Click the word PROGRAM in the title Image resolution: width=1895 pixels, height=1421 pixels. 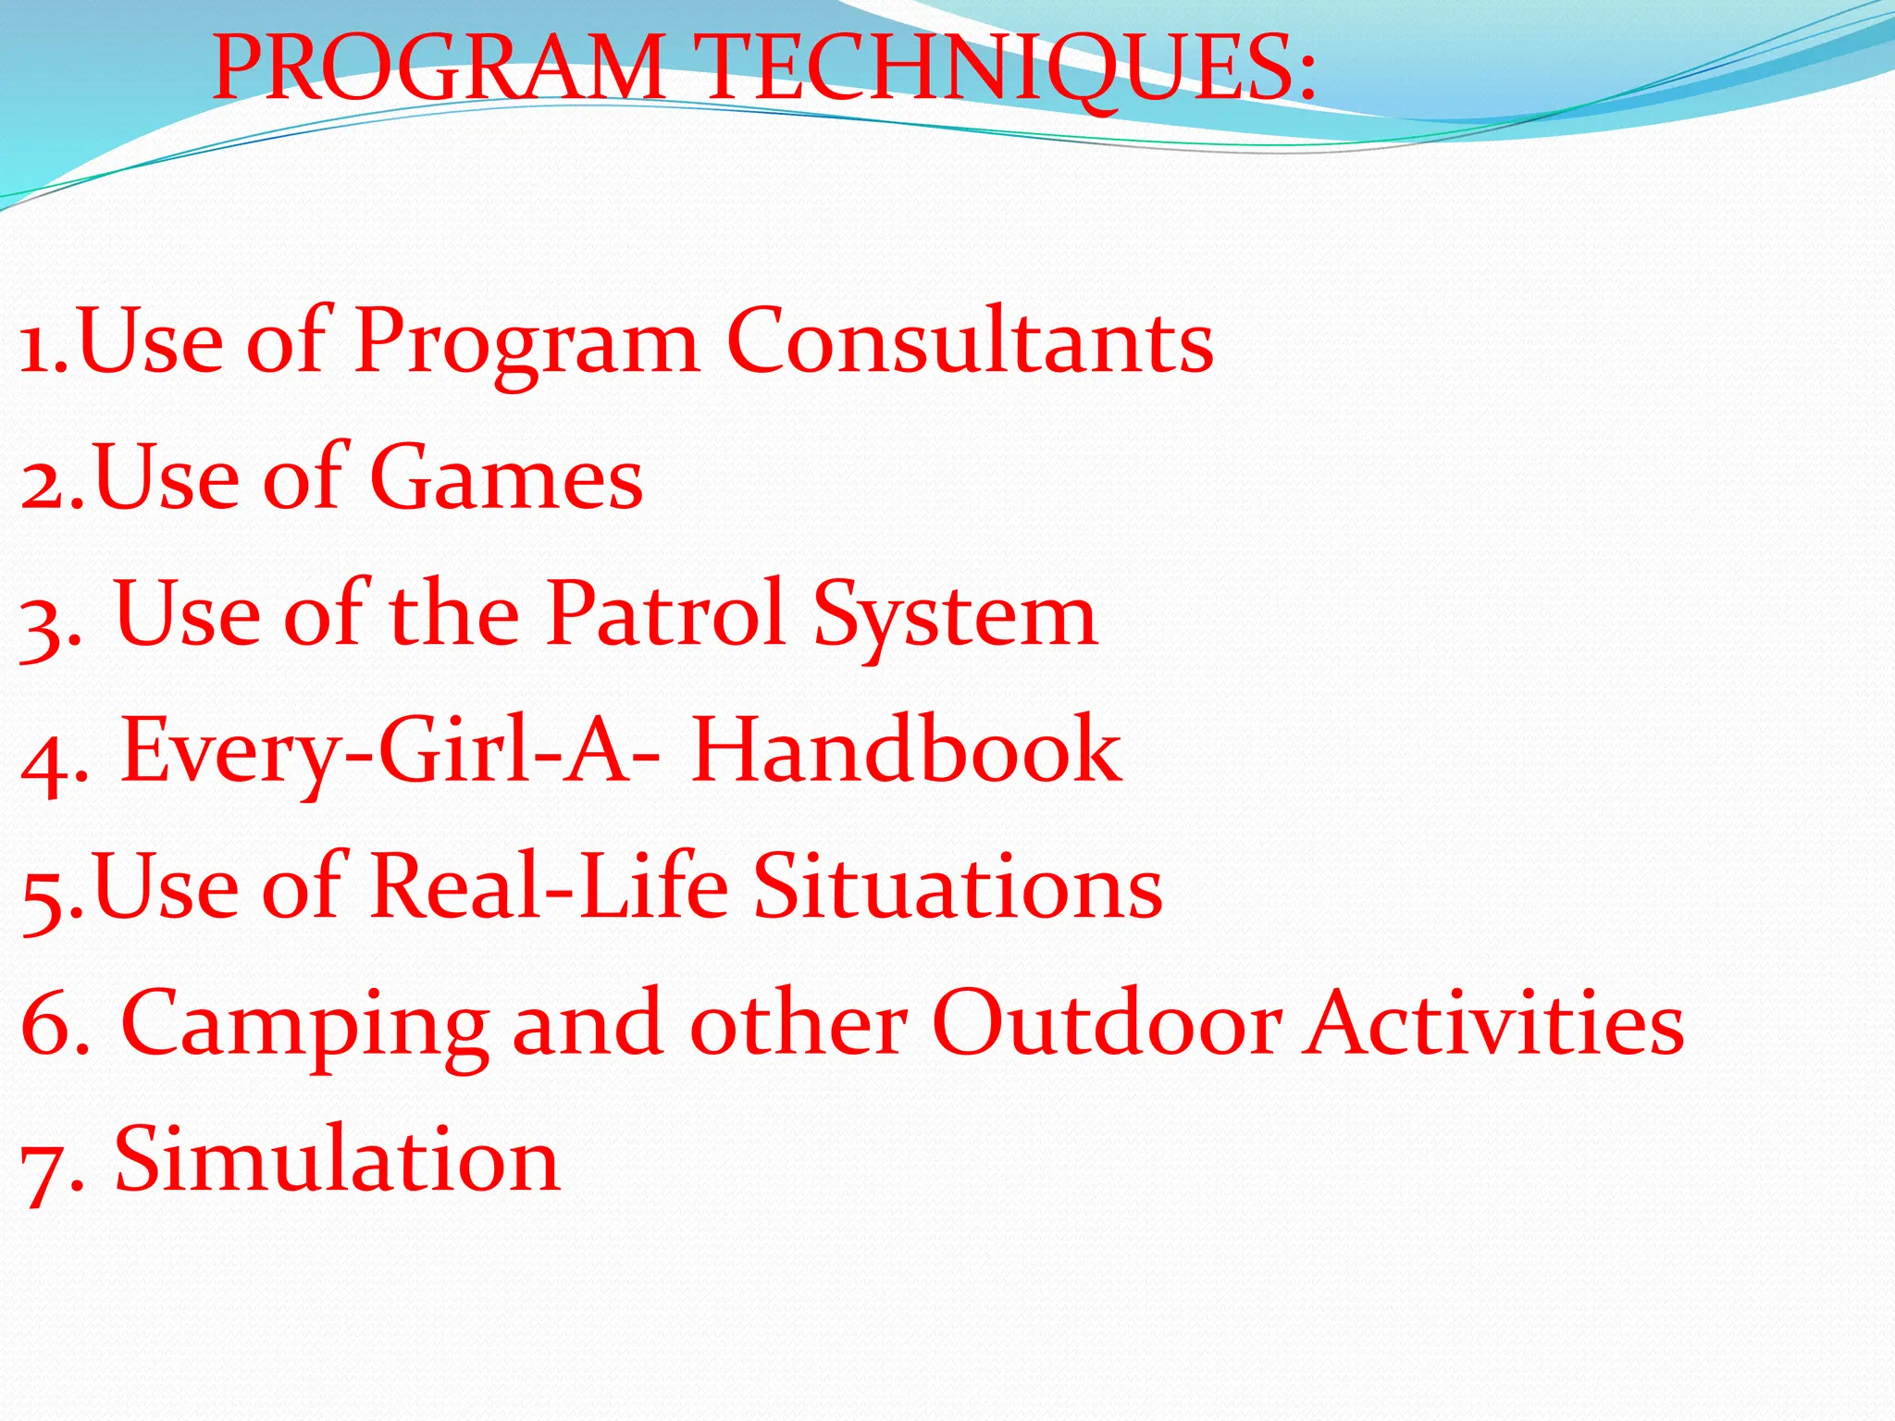tap(438, 68)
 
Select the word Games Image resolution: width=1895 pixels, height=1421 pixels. tap(506, 478)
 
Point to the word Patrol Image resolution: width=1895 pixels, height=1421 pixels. tap(665, 613)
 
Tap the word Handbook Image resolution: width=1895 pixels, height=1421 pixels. tap(906, 750)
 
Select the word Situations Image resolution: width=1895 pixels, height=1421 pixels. tap(958, 886)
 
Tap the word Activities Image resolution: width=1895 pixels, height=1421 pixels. tap(1493, 1022)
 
